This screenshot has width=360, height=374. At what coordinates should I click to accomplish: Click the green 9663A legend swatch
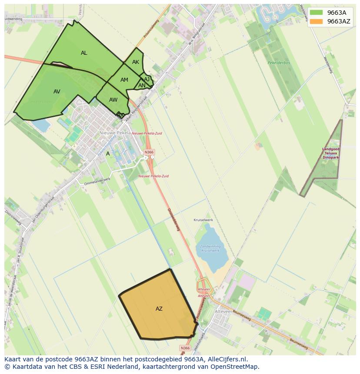tap(316, 13)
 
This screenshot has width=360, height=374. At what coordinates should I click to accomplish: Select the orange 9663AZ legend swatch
tap(316, 21)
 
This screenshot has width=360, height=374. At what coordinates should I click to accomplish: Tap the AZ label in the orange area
tap(159, 309)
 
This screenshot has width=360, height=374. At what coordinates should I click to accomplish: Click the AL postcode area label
tap(84, 53)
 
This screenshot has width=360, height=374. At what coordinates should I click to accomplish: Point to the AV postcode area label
tap(57, 92)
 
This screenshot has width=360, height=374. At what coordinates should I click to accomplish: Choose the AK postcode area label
tap(136, 62)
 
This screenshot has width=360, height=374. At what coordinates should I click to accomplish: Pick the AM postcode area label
tap(124, 80)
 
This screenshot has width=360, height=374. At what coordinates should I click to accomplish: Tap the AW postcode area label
tap(113, 100)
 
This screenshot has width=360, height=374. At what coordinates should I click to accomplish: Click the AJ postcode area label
tap(147, 79)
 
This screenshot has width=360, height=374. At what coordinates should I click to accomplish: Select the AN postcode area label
tap(142, 86)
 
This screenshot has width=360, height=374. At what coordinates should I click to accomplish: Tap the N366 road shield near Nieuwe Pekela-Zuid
tap(149, 152)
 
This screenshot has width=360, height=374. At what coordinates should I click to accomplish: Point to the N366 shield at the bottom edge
tap(185, 348)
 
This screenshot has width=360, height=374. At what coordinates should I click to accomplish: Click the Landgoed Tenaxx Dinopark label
tap(331, 153)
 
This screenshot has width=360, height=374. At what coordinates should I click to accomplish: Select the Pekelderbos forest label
tap(279, 63)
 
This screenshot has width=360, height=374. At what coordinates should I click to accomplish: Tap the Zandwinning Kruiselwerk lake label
tap(210, 248)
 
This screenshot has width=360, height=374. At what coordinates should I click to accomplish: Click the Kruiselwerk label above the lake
tap(203, 220)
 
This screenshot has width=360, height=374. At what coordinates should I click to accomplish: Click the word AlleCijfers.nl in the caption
tap(227, 359)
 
